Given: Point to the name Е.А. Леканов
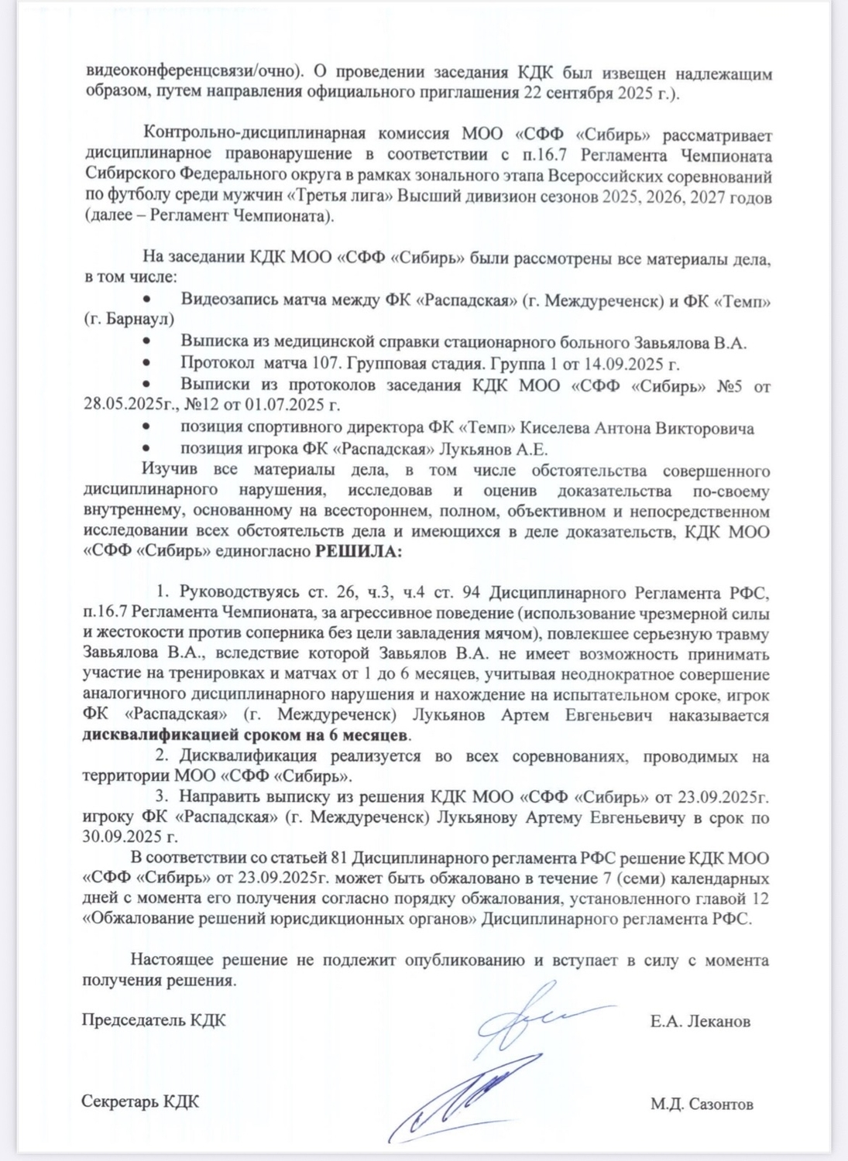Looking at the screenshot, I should [x=700, y=1021].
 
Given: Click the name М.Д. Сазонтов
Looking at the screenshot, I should [x=702, y=1104].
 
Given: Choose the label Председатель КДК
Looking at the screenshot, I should [x=154, y=1019].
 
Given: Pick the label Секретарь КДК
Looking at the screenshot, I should [x=140, y=1101].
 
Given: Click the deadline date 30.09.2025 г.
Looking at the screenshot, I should [x=129, y=837].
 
